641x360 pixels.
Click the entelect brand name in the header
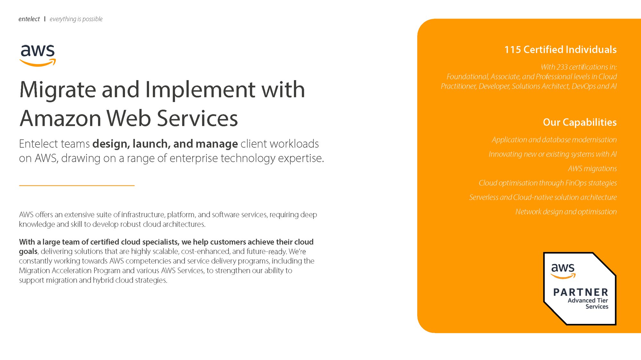pyautogui.click(x=29, y=19)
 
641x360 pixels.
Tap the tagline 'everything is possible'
pyautogui.click(x=76, y=19)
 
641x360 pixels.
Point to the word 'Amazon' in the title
pyautogui.click(x=61, y=119)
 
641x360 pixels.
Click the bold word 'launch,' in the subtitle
pyautogui.click(x=151, y=144)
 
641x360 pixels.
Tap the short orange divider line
pyautogui.click(x=77, y=185)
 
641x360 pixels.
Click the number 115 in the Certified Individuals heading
pyautogui.click(x=512, y=50)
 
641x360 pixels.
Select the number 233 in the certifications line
pyautogui.click(x=562, y=67)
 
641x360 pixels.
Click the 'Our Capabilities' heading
pyautogui.click(x=579, y=122)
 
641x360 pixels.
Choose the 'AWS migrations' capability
pyautogui.click(x=592, y=168)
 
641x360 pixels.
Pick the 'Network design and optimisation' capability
pyautogui.click(x=566, y=212)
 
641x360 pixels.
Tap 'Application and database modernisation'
pyautogui.click(x=554, y=140)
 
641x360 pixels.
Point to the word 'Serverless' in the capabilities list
pyautogui.click(x=483, y=197)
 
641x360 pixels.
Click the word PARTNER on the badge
pyautogui.click(x=580, y=292)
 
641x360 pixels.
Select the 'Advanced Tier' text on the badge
pyautogui.click(x=587, y=300)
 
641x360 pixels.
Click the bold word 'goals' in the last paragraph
pyautogui.click(x=28, y=251)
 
